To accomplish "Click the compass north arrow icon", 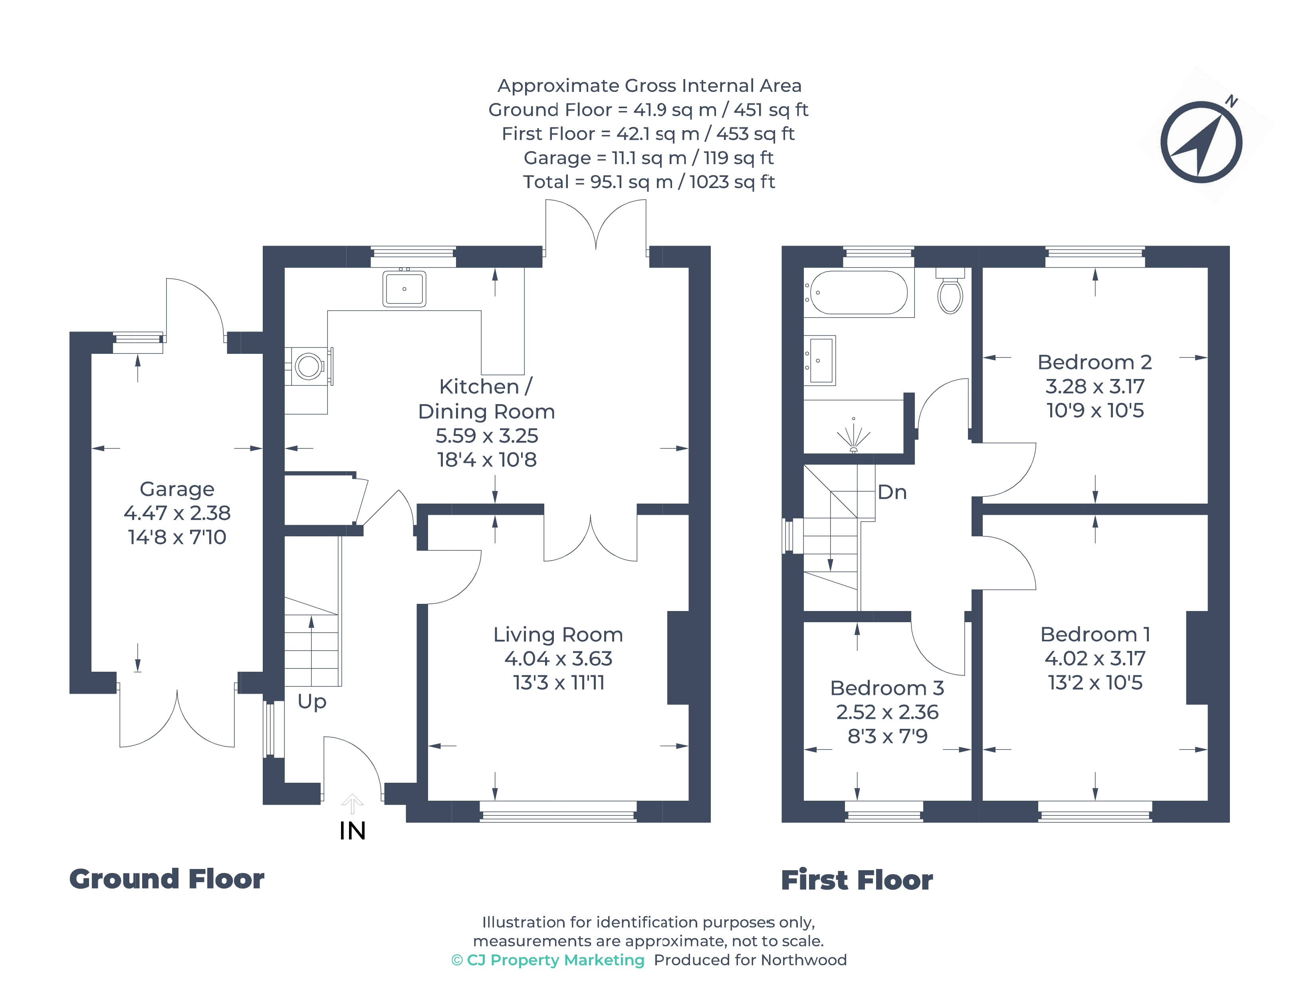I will (x=1201, y=142).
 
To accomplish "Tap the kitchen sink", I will (x=404, y=289).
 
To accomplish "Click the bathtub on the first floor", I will (x=859, y=292).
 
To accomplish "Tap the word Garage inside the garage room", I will (x=177, y=489).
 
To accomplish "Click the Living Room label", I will (x=558, y=635).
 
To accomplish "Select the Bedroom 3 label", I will (x=887, y=688).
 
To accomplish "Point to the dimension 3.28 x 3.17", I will (x=1095, y=387).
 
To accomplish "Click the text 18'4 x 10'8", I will (x=487, y=460).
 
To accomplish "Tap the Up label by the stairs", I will (x=312, y=701).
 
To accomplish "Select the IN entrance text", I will (x=352, y=831).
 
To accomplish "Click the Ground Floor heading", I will (x=167, y=879).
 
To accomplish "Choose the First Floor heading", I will (x=857, y=881).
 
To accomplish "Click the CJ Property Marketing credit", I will (x=548, y=960).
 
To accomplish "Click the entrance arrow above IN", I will (x=352, y=803).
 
